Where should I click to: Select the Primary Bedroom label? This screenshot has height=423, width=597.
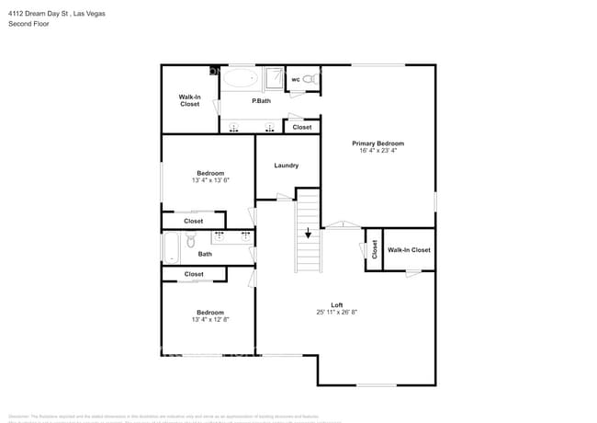(377, 143)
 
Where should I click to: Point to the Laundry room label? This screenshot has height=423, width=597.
(286, 166)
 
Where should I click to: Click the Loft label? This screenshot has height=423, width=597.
(337, 305)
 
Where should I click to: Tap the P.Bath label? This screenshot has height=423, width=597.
(261, 100)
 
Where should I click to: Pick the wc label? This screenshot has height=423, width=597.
(296, 80)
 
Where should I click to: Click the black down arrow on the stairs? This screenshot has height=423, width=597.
(308, 233)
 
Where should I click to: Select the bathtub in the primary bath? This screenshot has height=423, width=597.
(242, 78)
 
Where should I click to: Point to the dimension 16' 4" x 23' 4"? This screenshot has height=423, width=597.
(377, 152)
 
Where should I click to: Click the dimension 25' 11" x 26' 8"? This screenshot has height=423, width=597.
(337, 313)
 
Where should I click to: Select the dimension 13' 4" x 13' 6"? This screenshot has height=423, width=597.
(209, 181)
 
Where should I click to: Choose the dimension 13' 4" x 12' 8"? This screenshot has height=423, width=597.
(209, 321)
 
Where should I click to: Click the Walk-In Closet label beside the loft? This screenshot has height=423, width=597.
(409, 250)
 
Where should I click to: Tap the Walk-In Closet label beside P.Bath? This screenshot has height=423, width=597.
(189, 100)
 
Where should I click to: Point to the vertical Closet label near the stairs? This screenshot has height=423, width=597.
(374, 249)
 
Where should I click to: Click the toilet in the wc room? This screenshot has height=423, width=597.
(311, 79)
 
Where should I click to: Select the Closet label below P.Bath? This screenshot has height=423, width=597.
(302, 127)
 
